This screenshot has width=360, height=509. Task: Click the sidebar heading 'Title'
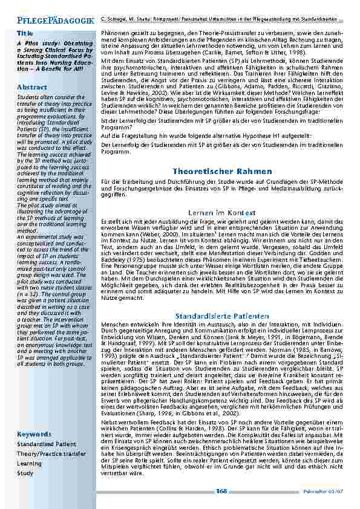25,32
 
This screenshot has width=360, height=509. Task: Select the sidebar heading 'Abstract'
32,88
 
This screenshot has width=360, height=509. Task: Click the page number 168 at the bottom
221,491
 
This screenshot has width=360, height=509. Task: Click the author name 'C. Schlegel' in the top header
113,21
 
